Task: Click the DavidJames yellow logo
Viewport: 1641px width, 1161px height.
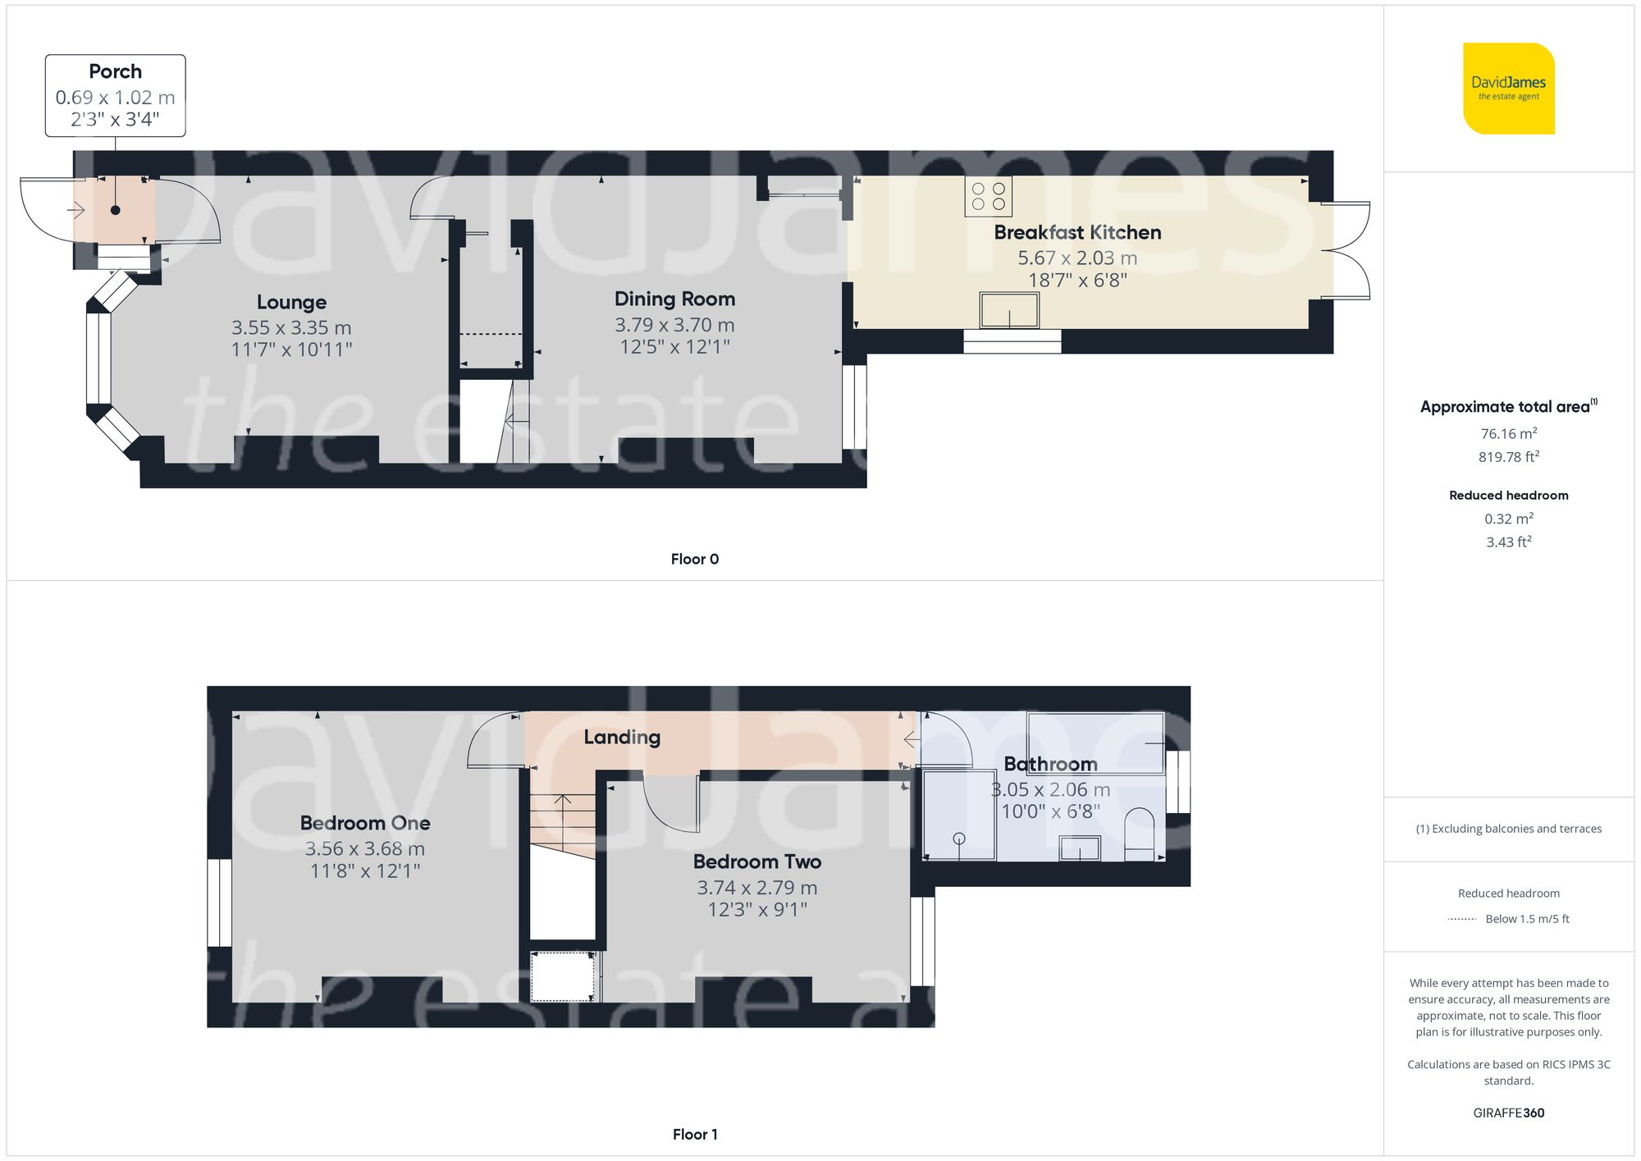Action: [1508, 89]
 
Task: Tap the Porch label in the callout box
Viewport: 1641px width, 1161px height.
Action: [115, 71]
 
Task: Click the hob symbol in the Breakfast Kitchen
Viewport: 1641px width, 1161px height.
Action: [988, 196]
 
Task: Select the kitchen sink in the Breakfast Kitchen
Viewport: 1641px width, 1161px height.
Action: [1009, 310]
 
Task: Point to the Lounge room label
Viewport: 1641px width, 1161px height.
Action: [291, 302]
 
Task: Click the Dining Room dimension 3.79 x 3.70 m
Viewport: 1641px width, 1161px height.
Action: [674, 325]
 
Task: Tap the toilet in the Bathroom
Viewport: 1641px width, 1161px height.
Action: [1139, 834]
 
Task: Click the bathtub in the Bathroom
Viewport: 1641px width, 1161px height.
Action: [1095, 743]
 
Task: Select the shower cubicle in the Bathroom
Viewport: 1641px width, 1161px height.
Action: [959, 815]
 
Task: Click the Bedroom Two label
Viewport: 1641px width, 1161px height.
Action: [757, 862]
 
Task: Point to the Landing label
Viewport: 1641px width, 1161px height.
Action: [622, 737]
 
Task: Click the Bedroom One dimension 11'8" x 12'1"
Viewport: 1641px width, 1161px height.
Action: [365, 871]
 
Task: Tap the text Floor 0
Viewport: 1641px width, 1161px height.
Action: [694, 559]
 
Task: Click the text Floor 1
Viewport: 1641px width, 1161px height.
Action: [694, 1134]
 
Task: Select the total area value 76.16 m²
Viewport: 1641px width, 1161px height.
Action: [1508, 433]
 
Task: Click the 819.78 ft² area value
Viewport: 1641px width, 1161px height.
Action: [1508, 457]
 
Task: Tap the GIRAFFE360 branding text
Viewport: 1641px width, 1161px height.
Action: [1508, 1113]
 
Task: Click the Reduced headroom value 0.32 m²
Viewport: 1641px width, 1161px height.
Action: [1508, 519]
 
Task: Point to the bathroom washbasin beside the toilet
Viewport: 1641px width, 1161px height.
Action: [1080, 848]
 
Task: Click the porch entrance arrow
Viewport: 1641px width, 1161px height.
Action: [76, 210]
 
